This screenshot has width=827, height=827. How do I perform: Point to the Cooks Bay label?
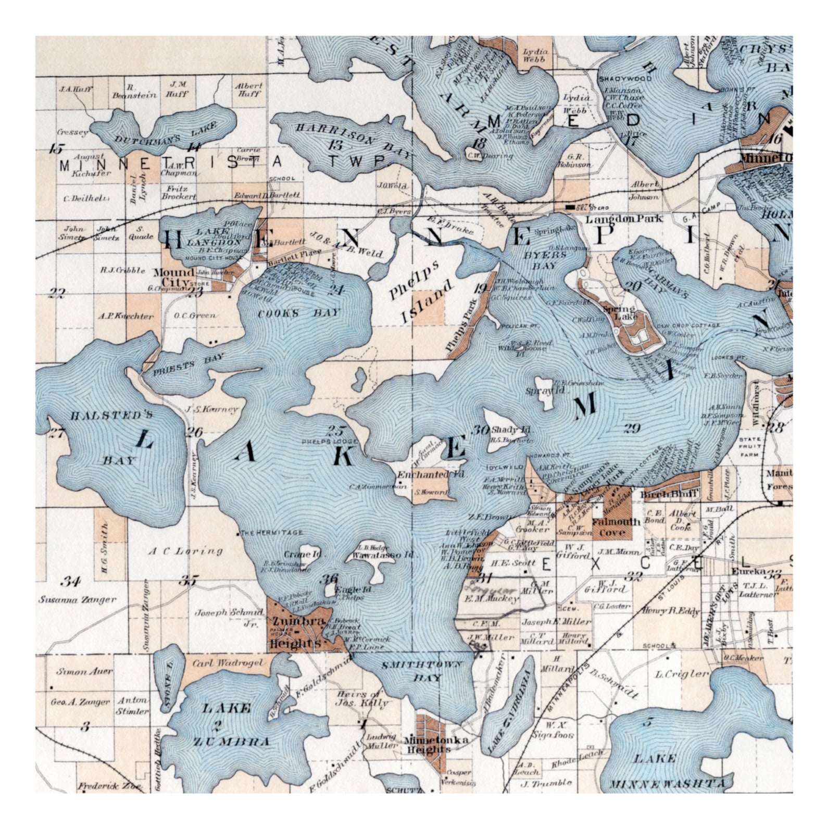click(x=299, y=314)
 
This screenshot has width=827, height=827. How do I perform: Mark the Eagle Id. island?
click(x=330, y=589)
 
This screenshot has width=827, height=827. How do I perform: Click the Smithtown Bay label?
click(x=421, y=671)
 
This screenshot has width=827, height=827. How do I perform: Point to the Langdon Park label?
click(x=623, y=219)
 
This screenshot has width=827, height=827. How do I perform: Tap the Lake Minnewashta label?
click(x=668, y=771)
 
